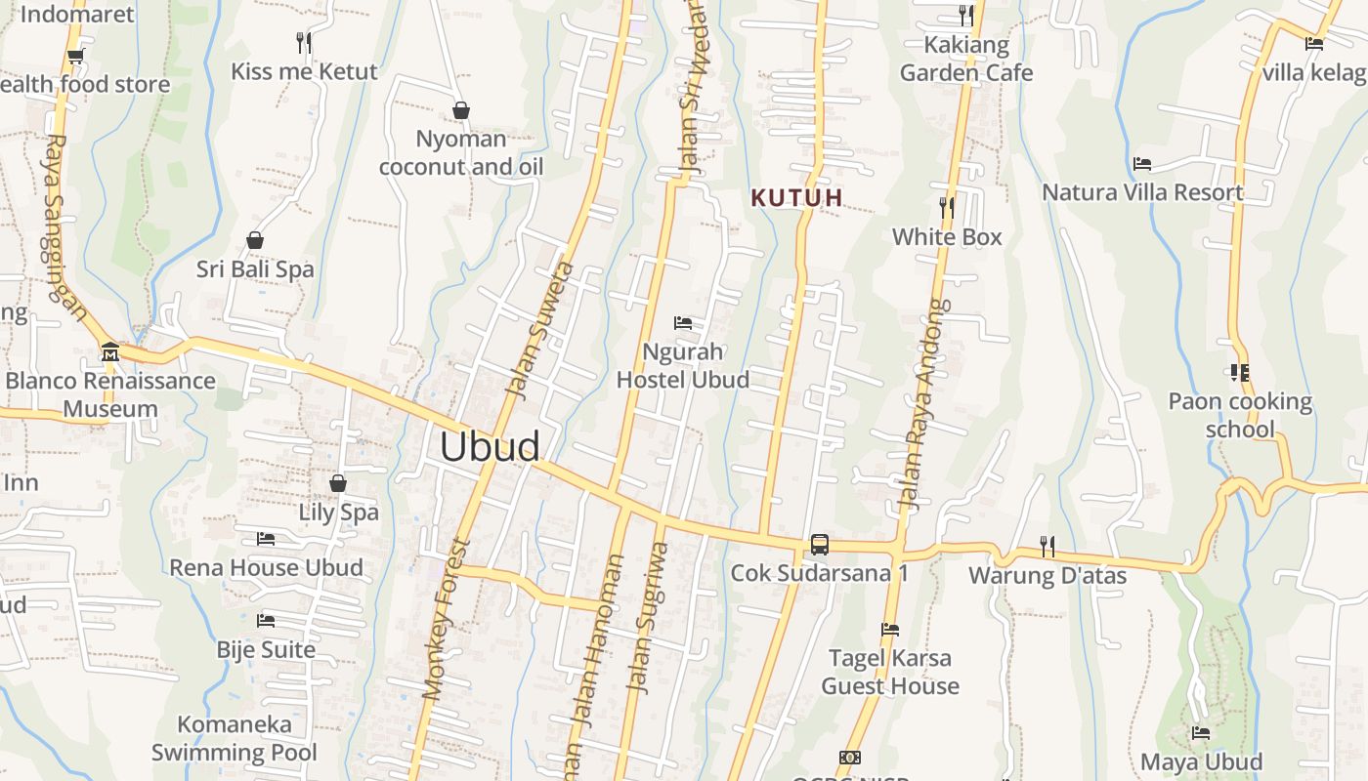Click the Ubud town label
tap(490, 446)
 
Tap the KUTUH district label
tap(796, 197)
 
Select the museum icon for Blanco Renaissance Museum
tap(109, 351)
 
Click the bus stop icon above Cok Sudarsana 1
tap(819, 545)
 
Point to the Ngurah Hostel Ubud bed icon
tap(683, 322)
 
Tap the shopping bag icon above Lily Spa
tap(338, 483)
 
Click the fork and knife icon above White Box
tap(946, 207)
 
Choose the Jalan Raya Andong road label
tap(923, 405)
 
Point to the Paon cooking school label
tap(1240, 415)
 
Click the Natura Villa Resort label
tap(1142, 192)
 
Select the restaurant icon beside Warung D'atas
tap(1047, 546)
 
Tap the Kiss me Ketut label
tap(304, 71)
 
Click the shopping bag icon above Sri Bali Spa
tap(255, 240)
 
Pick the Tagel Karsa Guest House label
tap(890, 672)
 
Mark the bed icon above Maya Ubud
tap(1201, 733)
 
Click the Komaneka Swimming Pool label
tap(235, 738)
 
